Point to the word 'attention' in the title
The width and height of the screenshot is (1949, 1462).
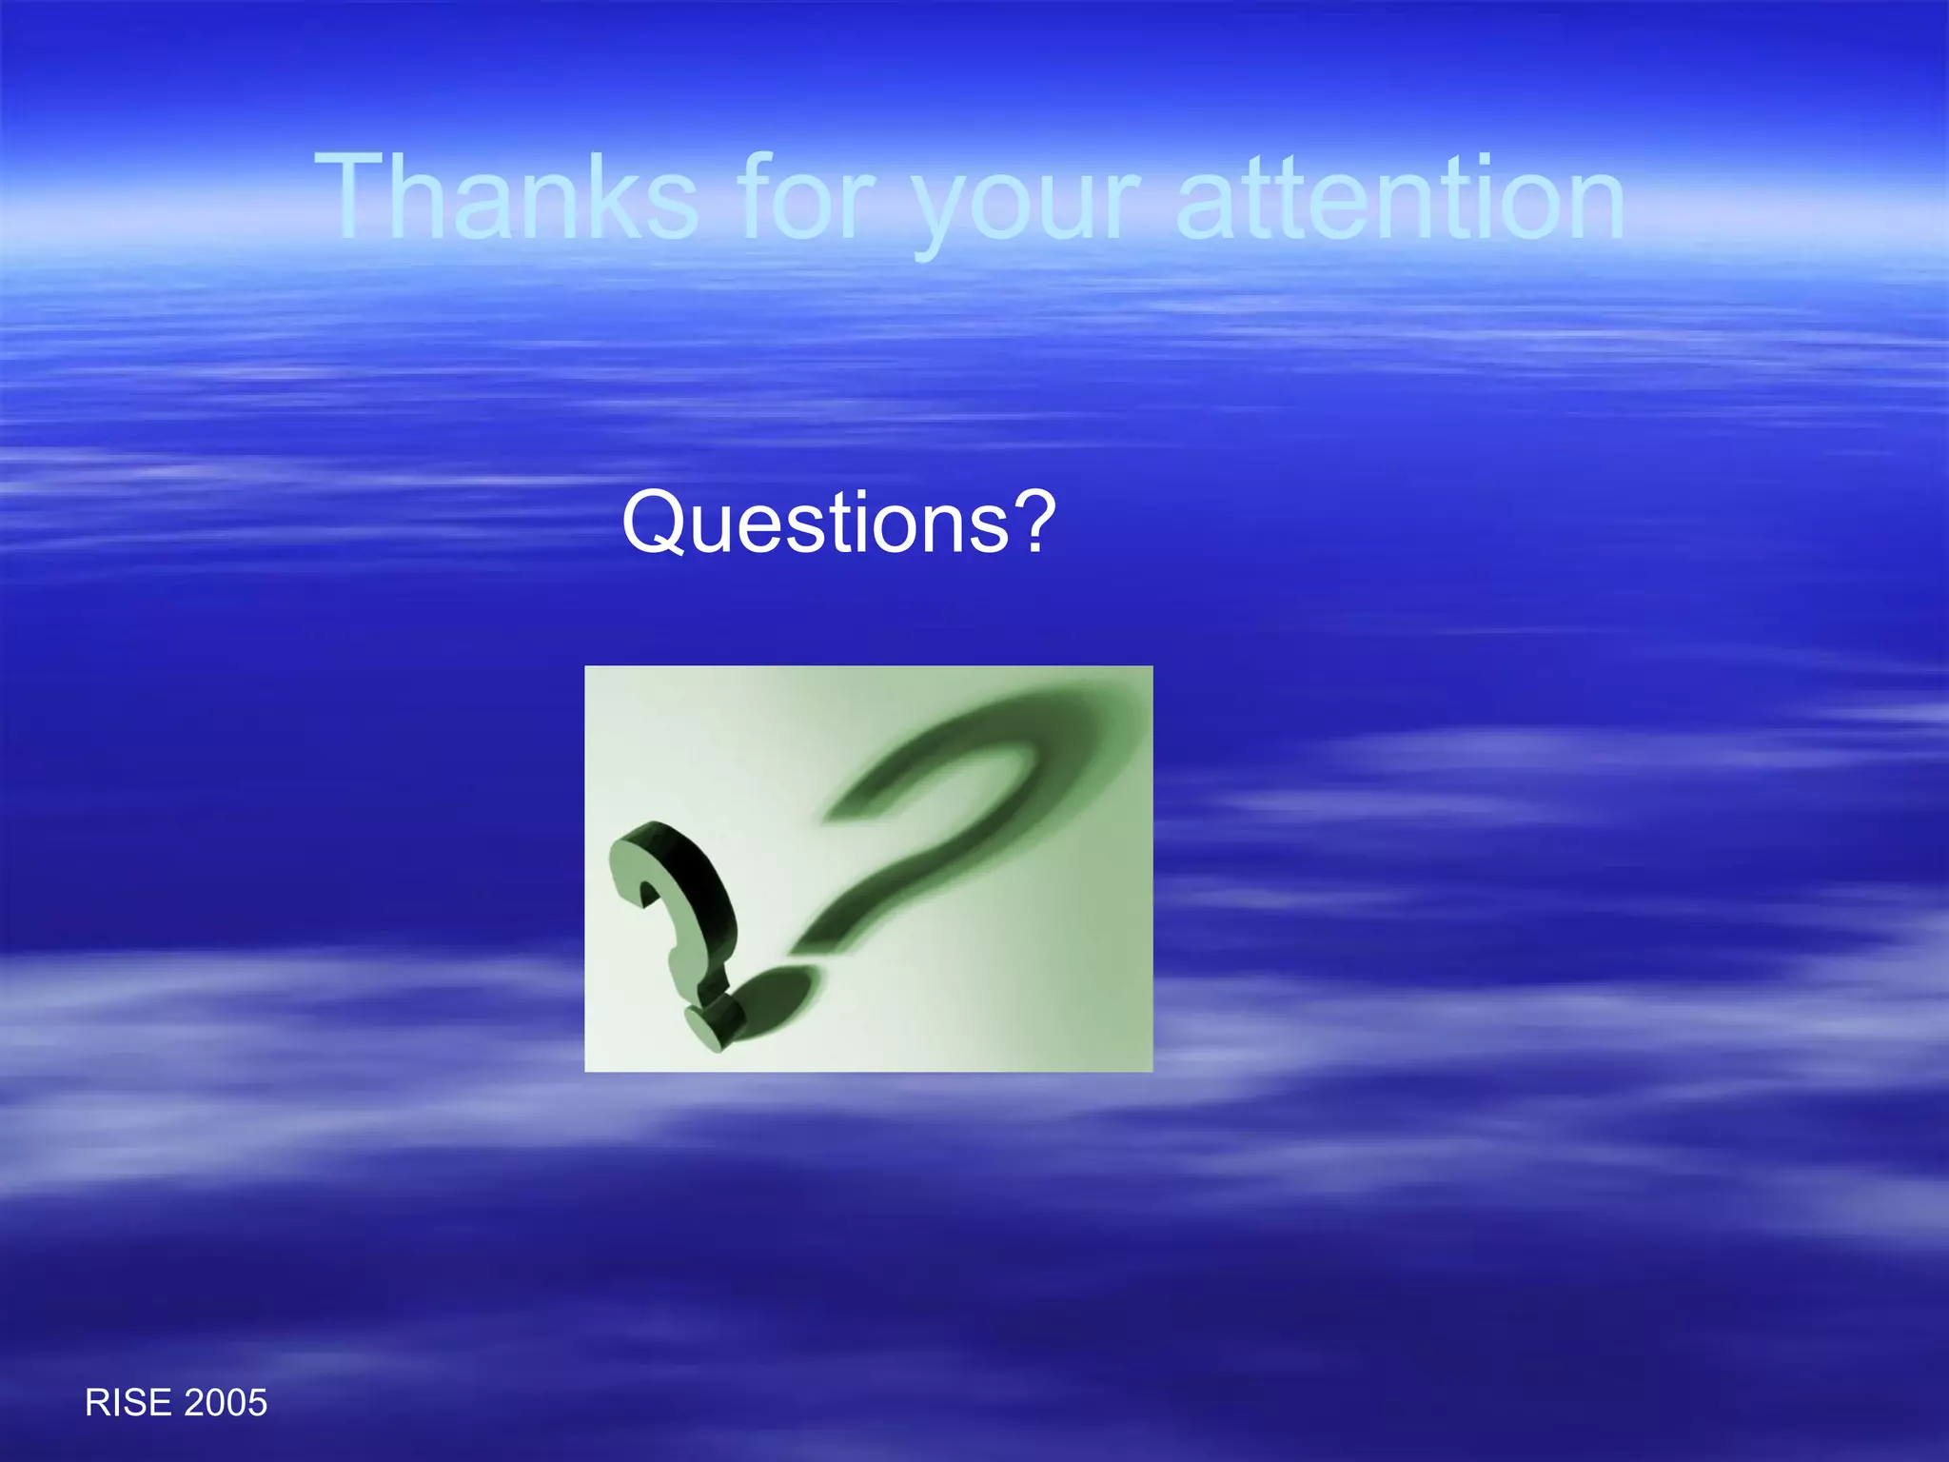pos(1399,197)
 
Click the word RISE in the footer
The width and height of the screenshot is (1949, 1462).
pos(128,1403)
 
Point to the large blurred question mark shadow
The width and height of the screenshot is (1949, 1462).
pos(961,809)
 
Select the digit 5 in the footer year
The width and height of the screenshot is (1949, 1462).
pos(257,1403)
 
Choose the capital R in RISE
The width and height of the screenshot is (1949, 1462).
pos(96,1403)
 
